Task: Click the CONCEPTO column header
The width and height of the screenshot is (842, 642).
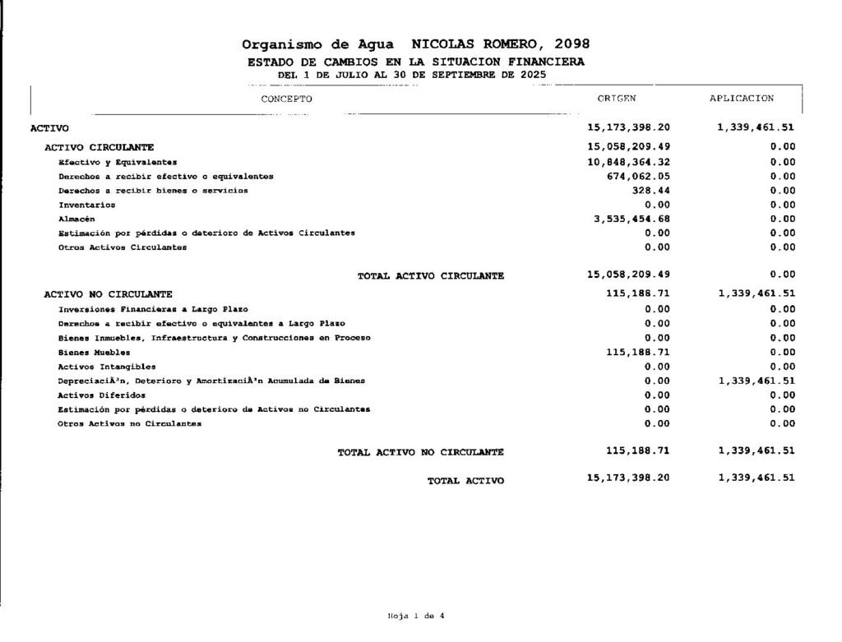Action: click(x=286, y=99)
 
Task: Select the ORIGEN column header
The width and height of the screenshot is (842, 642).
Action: click(x=617, y=99)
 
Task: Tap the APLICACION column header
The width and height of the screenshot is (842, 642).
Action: click(x=742, y=99)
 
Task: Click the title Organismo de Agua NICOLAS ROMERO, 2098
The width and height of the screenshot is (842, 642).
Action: click(x=416, y=44)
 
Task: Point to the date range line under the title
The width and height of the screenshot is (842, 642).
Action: click(x=411, y=74)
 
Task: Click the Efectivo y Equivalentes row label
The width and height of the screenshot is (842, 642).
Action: click(x=118, y=162)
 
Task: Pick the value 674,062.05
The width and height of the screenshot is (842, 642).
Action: click(x=639, y=176)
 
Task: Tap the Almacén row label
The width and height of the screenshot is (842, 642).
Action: click(x=76, y=219)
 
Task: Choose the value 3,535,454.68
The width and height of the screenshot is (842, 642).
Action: click(x=631, y=219)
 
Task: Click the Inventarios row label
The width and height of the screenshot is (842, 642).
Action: click(x=86, y=205)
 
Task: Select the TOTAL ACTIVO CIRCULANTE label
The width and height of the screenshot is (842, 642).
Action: click(x=431, y=276)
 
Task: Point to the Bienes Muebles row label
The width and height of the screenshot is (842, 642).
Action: click(x=94, y=352)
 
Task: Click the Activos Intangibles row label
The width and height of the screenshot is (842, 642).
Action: click(x=107, y=367)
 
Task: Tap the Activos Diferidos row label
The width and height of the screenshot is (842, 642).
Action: click(x=102, y=395)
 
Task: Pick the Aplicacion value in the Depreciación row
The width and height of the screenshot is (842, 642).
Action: click(x=756, y=381)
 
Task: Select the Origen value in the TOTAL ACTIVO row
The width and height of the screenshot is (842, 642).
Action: click(x=629, y=478)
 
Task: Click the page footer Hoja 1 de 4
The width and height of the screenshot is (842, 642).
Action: click(x=416, y=615)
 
